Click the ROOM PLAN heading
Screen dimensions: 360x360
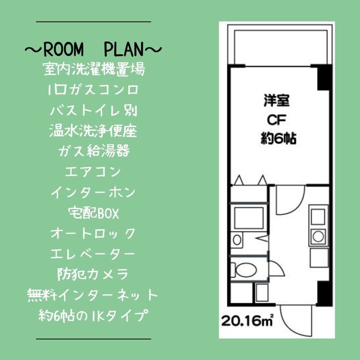point(94,49)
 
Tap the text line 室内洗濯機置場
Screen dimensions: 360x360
point(94,69)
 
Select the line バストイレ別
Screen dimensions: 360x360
point(94,111)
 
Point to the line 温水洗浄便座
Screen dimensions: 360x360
point(93,131)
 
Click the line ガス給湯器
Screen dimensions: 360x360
point(94,151)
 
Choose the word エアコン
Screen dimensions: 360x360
point(93,171)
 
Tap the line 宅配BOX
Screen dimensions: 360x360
point(94,213)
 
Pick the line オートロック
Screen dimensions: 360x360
point(93,233)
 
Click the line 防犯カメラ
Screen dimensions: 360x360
point(93,274)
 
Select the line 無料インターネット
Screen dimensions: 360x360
point(93,295)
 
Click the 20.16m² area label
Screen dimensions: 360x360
point(247,320)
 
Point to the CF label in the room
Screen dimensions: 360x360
point(276,120)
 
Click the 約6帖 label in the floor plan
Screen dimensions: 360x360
point(278,138)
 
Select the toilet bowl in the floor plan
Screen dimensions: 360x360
point(245,270)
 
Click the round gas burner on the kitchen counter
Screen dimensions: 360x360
point(318,237)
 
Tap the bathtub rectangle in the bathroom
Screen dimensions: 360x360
point(249,218)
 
